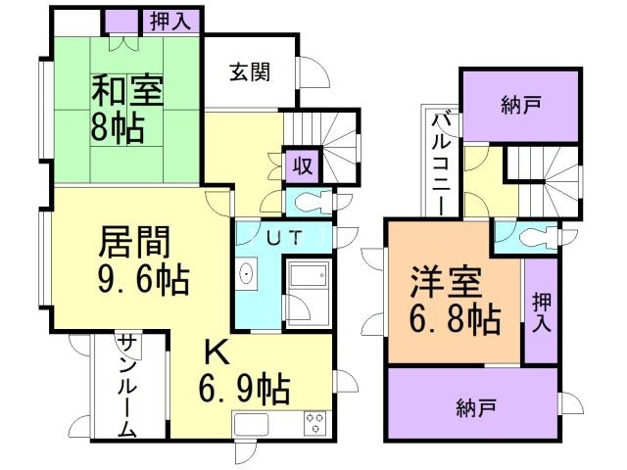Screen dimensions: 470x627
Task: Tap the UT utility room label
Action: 285,238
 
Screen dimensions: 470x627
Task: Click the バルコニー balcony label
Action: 443,162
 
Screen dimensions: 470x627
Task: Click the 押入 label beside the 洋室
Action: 540,312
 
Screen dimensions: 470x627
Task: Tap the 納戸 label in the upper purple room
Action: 518,103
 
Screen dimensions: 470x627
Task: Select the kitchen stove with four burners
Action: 314,423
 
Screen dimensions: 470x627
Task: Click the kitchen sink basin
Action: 250,425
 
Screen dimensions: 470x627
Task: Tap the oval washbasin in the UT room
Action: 243,275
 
